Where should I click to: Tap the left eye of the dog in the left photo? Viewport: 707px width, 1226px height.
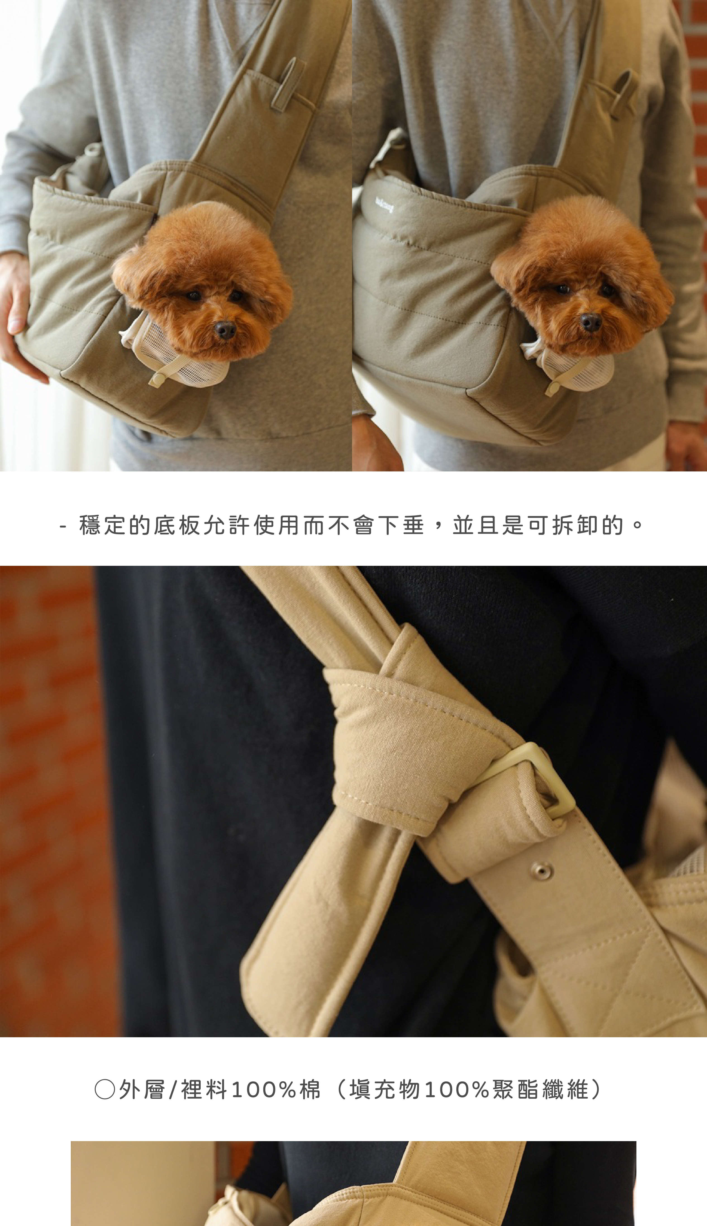pos(193,295)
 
